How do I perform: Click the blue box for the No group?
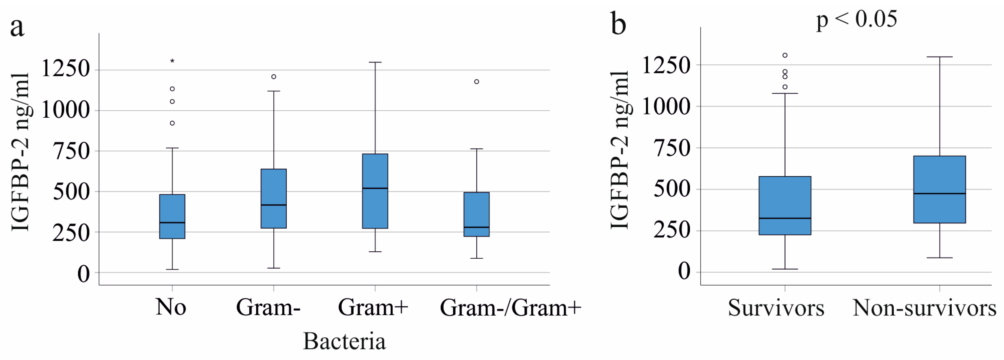pos(172,216)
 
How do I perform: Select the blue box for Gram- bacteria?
pos(274,198)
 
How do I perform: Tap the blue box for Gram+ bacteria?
pos(375,191)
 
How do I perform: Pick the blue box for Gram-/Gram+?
pos(476,214)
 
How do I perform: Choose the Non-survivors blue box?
pos(939,189)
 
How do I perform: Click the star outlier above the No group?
pos(172,61)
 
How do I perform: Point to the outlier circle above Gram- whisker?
pos(274,77)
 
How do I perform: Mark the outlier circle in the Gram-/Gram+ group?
pos(476,82)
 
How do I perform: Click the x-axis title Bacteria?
pos(344,341)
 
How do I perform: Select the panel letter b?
pos(618,23)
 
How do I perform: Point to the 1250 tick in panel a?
pos(65,69)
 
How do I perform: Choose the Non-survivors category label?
pos(924,308)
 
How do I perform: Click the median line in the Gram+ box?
pos(375,188)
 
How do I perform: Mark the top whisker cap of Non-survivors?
pos(939,57)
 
